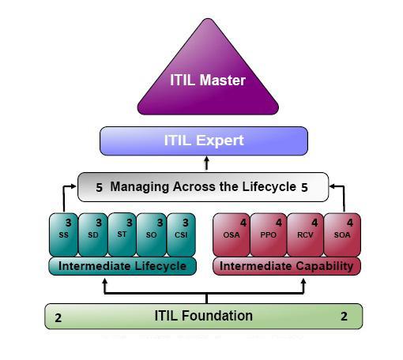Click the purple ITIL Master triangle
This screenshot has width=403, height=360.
208,77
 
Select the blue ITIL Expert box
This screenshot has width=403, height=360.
204,141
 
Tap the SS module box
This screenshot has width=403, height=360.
63,234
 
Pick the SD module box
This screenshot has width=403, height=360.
93,234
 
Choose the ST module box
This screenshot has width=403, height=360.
122,234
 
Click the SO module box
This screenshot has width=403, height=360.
152,234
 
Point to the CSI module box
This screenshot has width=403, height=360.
181,234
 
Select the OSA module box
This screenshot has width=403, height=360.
232,234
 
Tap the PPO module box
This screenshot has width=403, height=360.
269,234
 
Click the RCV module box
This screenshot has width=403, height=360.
305,234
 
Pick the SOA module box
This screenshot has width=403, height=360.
342,234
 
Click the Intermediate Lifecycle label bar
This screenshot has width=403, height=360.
122,266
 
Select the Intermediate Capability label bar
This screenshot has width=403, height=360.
287,266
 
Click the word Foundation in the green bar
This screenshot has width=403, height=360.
217,316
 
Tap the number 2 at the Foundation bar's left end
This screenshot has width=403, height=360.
58,318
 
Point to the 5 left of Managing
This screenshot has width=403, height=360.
99,188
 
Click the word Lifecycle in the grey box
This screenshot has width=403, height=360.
269,187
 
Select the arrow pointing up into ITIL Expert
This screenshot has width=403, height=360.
207,163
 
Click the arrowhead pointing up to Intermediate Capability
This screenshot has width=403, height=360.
303,281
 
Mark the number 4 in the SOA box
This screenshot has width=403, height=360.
350,223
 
